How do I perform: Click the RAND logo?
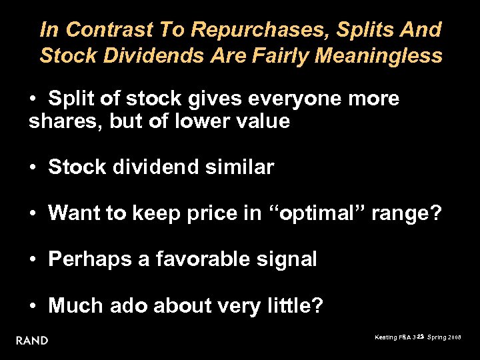tap(32, 341)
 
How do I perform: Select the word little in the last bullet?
tap(293, 305)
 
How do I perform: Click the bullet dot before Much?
tap(33, 305)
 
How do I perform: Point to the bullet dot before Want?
tap(33, 213)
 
